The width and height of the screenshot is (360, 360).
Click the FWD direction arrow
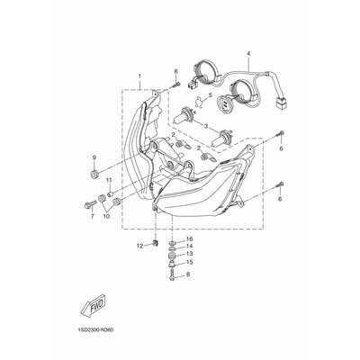[93, 304]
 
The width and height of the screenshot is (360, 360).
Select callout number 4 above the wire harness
[248, 53]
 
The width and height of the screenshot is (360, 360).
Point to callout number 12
[139, 246]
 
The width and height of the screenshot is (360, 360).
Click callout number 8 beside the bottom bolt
[188, 274]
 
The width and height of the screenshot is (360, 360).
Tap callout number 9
[94, 157]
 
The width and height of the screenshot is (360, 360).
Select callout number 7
[92, 216]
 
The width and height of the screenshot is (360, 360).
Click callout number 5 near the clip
[210, 95]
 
